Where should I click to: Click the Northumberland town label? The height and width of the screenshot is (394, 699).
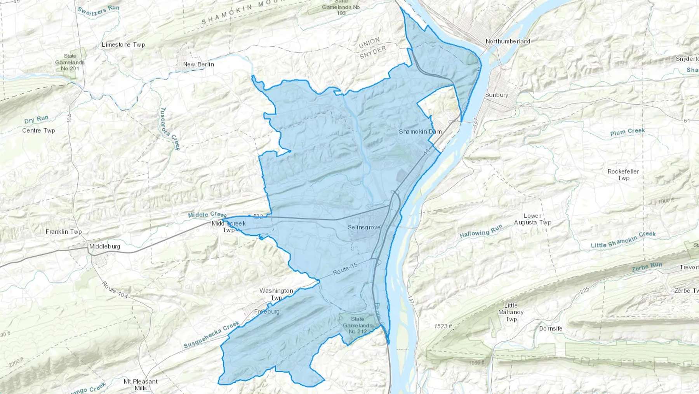click(x=508, y=41)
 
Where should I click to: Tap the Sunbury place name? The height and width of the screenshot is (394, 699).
click(x=496, y=95)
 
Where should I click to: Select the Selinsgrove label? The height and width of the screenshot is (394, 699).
click(x=364, y=227)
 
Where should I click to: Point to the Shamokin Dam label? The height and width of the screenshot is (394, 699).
click(x=420, y=131)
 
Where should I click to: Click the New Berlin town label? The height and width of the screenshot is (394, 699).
click(x=198, y=64)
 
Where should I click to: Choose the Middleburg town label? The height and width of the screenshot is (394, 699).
click(x=104, y=246)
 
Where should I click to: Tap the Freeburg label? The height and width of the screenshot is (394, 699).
click(x=267, y=312)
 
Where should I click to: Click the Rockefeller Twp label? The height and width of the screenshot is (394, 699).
click(x=623, y=175)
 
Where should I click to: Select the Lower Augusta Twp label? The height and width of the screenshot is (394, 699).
click(x=532, y=219)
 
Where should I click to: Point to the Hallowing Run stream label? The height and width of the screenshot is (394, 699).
click(x=481, y=232)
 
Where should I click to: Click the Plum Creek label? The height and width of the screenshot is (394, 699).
click(x=627, y=132)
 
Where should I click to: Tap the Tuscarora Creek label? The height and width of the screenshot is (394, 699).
click(x=170, y=129)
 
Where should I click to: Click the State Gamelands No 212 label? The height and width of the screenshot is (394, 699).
click(x=357, y=325)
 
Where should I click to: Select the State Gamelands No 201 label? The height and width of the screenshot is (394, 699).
click(x=70, y=62)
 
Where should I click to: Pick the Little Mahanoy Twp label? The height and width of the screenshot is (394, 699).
click(x=511, y=312)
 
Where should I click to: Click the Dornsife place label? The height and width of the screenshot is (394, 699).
click(x=551, y=329)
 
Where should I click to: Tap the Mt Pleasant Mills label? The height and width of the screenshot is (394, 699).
click(x=141, y=384)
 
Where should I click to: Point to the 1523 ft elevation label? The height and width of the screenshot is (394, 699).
click(x=443, y=326)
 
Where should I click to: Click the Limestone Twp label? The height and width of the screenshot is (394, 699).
click(x=123, y=45)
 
